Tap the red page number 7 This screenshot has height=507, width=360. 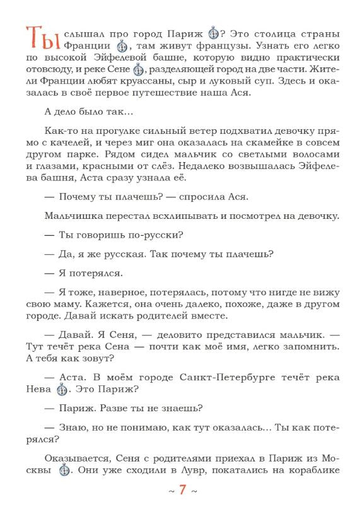click(182, 490)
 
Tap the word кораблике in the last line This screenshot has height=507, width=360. click(313, 470)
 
